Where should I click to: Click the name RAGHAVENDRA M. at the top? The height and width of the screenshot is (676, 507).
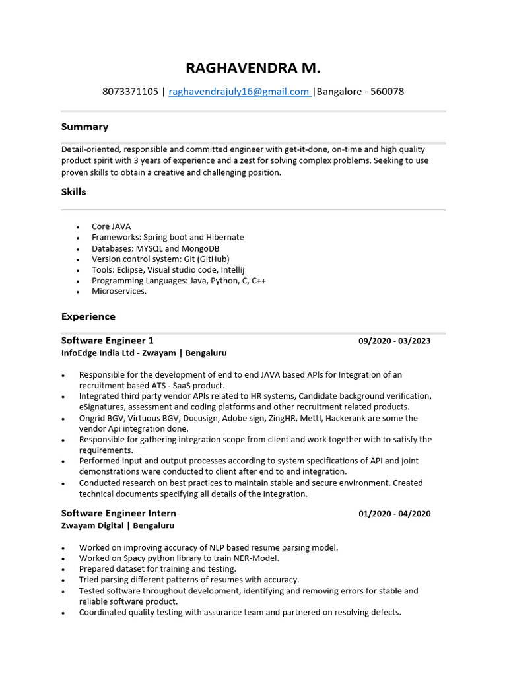253,68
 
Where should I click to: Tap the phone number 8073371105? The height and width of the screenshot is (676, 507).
130,92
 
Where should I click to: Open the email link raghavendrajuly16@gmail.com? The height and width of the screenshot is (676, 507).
239,92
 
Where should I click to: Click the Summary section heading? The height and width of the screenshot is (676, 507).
84,127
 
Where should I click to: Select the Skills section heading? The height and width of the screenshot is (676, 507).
73,192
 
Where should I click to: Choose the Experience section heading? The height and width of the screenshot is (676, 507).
88,316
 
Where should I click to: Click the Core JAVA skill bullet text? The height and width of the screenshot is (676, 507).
111,226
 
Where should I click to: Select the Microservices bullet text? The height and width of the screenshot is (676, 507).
119,291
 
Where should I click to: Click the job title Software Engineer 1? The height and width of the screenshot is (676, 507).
107,341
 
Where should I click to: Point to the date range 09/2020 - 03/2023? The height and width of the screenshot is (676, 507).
394,341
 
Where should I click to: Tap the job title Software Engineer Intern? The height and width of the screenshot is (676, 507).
118,513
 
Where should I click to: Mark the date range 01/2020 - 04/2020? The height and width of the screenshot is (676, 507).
394,514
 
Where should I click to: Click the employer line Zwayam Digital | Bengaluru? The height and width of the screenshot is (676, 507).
118,525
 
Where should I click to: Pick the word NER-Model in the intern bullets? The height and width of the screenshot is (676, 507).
256,558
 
